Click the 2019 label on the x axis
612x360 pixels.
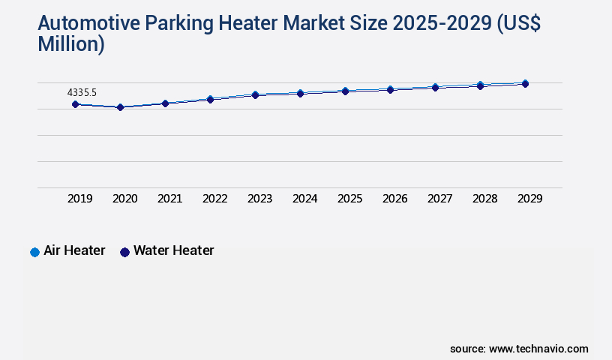(80, 199)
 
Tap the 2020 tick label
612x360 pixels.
(125, 199)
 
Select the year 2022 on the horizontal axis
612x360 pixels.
(215, 199)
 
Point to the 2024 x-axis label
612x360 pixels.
(305, 199)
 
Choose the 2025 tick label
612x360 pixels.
(350, 199)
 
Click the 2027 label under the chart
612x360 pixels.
(440, 199)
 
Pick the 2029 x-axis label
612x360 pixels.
(530, 199)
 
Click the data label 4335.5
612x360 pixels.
(82, 92)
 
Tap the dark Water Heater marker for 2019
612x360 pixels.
(75, 104)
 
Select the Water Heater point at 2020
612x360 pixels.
(120, 107)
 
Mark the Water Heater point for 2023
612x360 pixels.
(255, 95)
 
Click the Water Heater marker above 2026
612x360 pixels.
(390, 90)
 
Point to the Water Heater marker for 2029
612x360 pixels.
(525, 84)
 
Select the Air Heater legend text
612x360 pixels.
(74, 250)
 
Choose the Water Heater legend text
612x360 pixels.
(173, 250)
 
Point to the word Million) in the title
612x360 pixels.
(70, 44)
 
